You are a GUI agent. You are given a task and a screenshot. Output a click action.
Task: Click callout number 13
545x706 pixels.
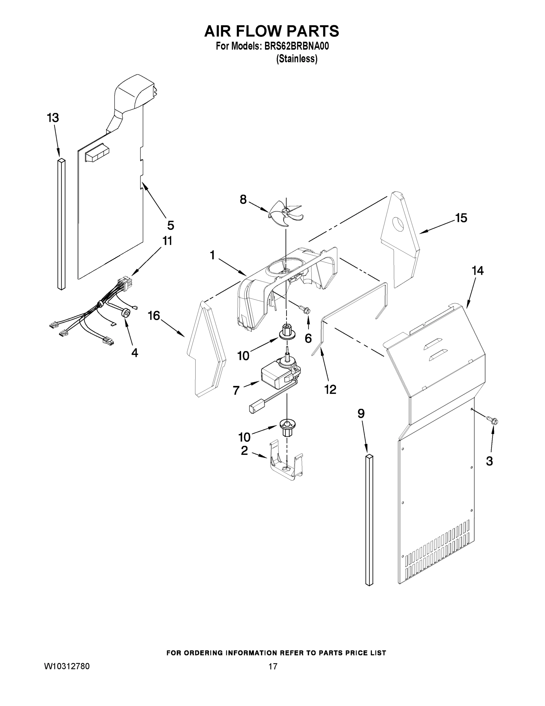53,118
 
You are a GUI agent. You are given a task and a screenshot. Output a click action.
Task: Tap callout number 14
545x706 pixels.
477,271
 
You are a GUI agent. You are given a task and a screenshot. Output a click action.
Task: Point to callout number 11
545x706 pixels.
167,241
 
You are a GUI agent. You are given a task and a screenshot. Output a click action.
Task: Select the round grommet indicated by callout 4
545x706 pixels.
126,313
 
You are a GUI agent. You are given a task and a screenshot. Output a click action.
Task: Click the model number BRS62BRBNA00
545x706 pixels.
296,46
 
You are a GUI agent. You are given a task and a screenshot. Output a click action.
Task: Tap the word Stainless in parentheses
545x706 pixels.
296,59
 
